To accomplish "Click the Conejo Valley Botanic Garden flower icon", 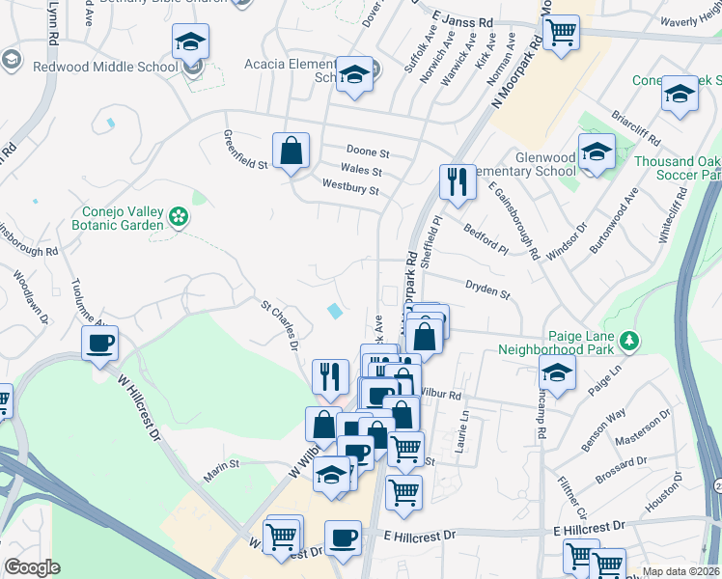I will pyautogui.click(x=178, y=216).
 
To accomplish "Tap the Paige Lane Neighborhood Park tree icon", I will pyautogui.click(x=629, y=341).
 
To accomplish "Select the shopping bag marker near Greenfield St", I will pyautogui.click(x=291, y=152).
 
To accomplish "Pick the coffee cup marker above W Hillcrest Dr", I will pyautogui.click(x=100, y=343).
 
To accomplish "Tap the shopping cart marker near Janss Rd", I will pyautogui.click(x=560, y=32).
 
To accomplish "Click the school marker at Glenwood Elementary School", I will pyautogui.click(x=597, y=152).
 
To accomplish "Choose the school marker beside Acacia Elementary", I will pyautogui.click(x=354, y=75).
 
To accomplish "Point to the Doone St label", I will pyautogui.click(x=368, y=152).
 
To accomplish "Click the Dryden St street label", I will pyautogui.click(x=486, y=286).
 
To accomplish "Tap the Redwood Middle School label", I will pyautogui.click(x=105, y=67).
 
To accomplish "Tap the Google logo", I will pyautogui.click(x=32, y=567).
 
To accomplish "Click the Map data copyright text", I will pyautogui.click(x=681, y=571).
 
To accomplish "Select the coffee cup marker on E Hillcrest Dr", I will pyautogui.click(x=342, y=537).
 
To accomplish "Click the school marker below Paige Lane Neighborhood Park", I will pyautogui.click(x=557, y=372).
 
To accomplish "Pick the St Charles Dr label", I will pyautogui.click(x=282, y=324).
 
